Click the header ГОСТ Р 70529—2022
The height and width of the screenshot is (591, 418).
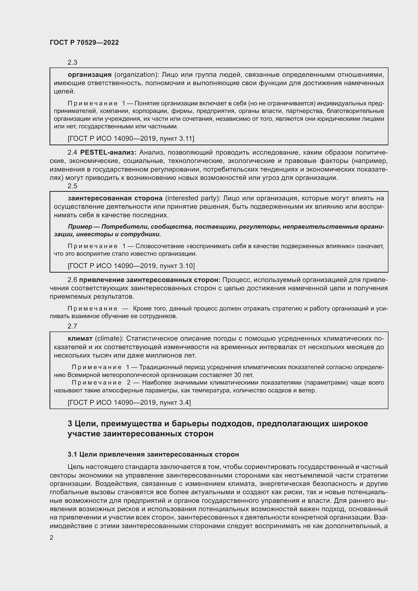click(x=84, y=42)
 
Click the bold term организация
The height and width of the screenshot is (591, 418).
click(x=89, y=75)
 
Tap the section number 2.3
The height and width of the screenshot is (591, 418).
click(x=72, y=62)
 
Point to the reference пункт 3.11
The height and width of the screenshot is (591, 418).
click(x=177, y=138)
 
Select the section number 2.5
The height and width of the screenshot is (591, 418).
click(x=72, y=186)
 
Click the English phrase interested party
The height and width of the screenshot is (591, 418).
click(x=193, y=198)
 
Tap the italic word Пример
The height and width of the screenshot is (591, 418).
click(x=80, y=226)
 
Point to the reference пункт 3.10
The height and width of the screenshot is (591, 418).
click(x=177, y=266)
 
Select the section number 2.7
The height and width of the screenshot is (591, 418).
click(x=72, y=326)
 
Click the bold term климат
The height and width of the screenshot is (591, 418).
click(x=80, y=338)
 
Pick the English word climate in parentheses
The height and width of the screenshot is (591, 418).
click(x=108, y=338)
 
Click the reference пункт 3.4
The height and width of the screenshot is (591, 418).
click(x=175, y=402)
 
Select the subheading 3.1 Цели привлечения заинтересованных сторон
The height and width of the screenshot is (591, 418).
click(x=153, y=454)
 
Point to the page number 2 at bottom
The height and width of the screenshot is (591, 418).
click(x=52, y=537)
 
